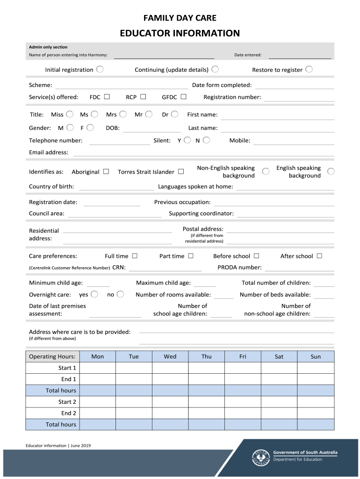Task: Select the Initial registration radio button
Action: pos(100,69)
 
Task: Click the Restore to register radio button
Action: pos(309,69)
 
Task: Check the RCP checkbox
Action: pos(143,97)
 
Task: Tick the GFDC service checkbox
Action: pos(183,97)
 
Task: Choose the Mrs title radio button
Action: pos(123,114)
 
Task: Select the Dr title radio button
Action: pos(174,114)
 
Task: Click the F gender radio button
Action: pos(90,127)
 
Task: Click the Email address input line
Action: pos(203,152)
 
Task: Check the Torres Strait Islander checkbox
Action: pos(180,172)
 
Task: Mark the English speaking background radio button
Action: pos(331,172)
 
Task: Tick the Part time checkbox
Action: pos(190,256)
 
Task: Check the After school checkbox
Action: pos(319,256)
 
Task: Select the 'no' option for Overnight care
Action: pos(120,294)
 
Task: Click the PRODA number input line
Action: pos(299,268)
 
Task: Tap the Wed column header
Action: pos(170,356)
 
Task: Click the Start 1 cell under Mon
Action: pos(98,368)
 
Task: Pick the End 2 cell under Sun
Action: pos(316,413)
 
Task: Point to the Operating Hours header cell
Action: pos(52,356)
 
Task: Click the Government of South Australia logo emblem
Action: pos(261,457)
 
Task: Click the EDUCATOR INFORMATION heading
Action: pos(180,33)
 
